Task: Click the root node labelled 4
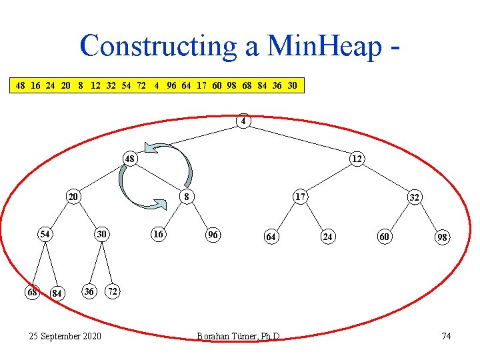click(244, 122)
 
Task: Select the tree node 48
click(131, 160)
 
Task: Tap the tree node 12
click(357, 159)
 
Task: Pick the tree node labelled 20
click(73, 197)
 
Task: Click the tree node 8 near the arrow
click(188, 197)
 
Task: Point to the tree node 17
click(300, 197)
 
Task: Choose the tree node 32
click(414, 197)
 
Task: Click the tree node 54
click(45, 234)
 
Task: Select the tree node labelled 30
click(101, 234)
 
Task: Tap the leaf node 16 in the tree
click(158, 234)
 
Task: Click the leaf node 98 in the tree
click(442, 237)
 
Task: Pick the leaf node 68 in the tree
click(31, 292)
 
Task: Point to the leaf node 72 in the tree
click(114, 292)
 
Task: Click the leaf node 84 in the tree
click(57, 293)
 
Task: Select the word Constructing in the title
click(155, 45)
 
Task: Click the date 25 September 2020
click(65, 335)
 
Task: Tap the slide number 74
click(446, 335)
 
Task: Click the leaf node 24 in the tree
click(327, 237)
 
